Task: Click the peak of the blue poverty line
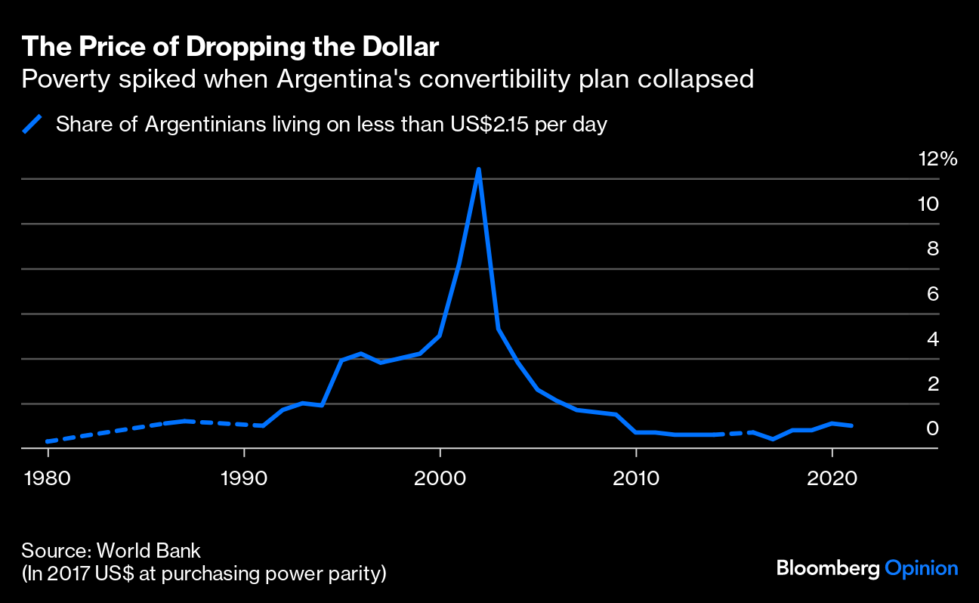(x=478, y=169)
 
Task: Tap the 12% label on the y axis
(x=937, y=159)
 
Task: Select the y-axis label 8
(x=933, y=249)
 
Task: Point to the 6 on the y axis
(x=933, y=294)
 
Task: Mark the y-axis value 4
(x=933, y=339)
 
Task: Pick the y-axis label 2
(x=933, y=384)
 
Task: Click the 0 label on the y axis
(x=933, y=428)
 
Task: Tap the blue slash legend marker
(x=32, y=124)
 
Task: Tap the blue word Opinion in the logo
(x=921, y=568)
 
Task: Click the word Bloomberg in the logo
(x=828, y=568)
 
